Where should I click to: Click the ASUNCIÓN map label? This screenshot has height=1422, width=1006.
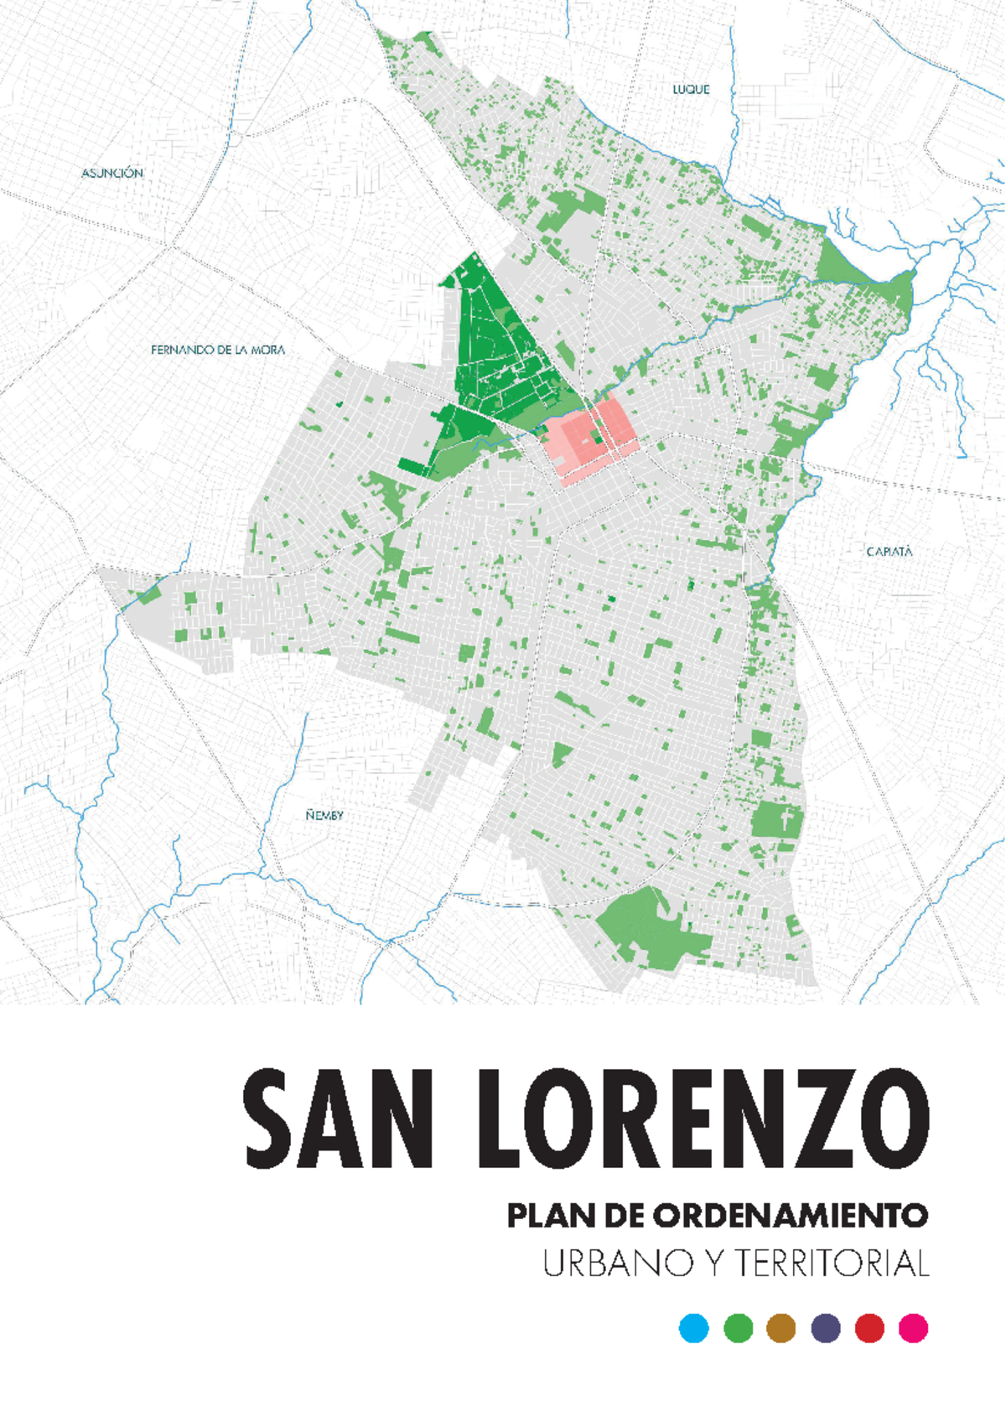[112, 173]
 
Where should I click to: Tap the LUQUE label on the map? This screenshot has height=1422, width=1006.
[691, 89]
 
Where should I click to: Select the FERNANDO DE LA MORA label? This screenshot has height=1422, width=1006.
[218, 350]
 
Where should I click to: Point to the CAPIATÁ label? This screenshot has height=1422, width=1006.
[889, 552]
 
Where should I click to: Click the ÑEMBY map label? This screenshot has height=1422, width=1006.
[324, 815]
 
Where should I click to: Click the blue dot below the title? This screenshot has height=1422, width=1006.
[694, 1328]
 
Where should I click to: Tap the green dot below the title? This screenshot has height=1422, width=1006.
[738, 1328]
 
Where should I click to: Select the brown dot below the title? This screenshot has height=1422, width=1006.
[781, 1328]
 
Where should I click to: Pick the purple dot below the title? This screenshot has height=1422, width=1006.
[826, 1328]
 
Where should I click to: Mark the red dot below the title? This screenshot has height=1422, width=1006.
[869, 1328]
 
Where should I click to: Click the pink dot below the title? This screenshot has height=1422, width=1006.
[913, 1328]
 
